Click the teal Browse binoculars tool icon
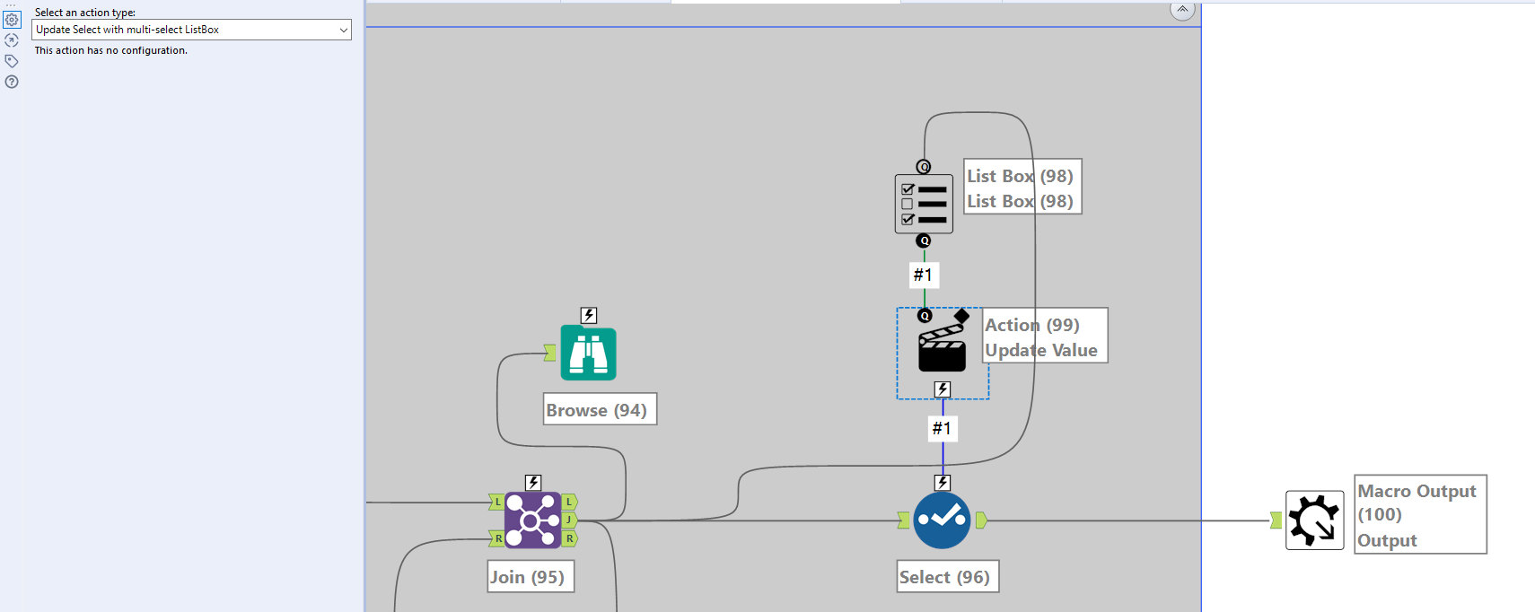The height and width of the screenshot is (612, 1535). pos(588,354)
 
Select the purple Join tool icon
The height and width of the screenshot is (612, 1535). pos(532,520)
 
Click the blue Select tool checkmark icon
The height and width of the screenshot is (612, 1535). pos(942,520)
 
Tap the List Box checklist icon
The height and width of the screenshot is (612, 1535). pos(924,205)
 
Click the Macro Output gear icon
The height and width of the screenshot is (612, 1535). pos(1314,520)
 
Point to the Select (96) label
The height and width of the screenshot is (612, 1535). pos(947,577)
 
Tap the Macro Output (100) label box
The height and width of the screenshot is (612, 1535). pos(1419,515)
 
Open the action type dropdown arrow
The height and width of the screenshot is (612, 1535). pos(343,30)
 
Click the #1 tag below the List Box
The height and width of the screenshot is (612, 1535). pos(923,275)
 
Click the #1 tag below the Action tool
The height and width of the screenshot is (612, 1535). pos(942,428)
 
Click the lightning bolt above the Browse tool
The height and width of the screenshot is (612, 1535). pos(589,315)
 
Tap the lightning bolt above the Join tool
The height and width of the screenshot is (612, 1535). pos(533,483)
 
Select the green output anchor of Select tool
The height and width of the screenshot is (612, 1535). pos(981,520)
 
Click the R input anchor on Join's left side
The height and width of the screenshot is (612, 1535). pos(496,538)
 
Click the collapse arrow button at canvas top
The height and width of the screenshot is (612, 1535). pos(1182,10)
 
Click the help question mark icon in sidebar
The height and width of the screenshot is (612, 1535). pos(12,82)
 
